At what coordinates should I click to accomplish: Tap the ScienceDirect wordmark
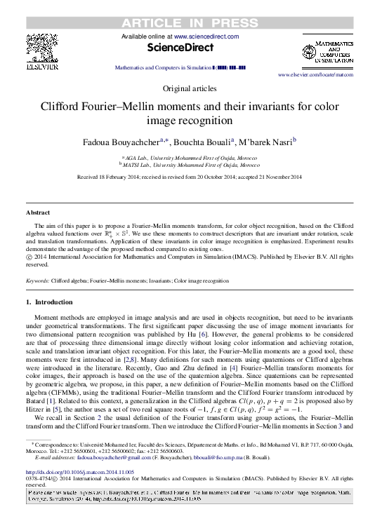[x=190, y=48]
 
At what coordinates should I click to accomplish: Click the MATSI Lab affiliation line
[x=191, y=165]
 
